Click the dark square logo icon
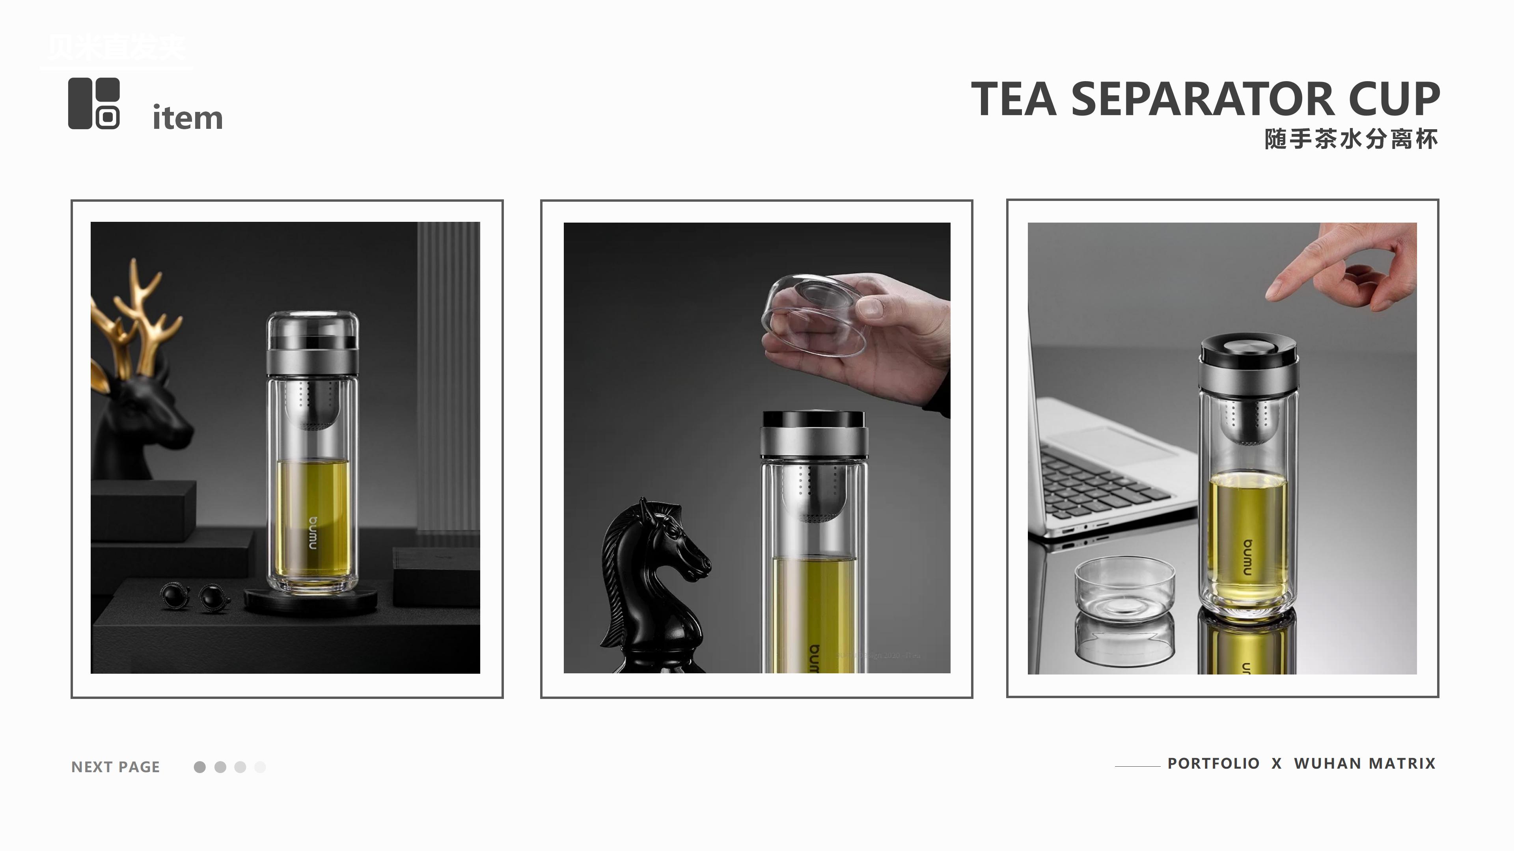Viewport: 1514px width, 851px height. click(x=94, y=103)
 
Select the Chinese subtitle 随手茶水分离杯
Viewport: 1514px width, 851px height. click(x=1351, y=139)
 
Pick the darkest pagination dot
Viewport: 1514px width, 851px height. click(x=200, y=767)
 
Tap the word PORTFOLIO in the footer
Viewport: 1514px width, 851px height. click(x=1213, y=764)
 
